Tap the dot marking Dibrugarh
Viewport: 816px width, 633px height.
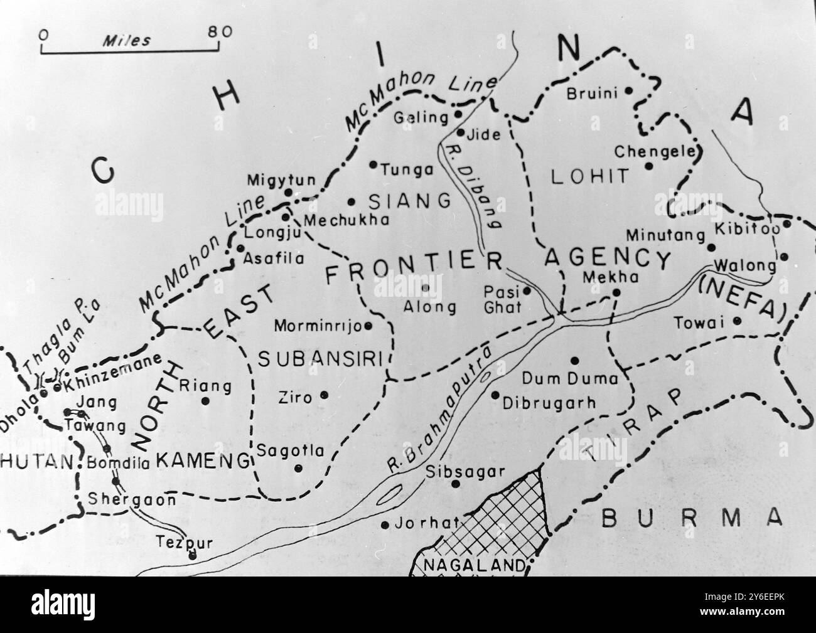(495, 395)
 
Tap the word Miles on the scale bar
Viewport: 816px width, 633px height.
(127, 41)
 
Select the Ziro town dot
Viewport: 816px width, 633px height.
(325, 395)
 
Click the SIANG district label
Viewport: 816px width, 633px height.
(409, 201)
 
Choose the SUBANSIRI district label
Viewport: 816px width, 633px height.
(321, 358)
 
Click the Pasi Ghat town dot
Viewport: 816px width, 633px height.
(527, 290)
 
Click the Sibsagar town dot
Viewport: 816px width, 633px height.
(456, 483)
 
